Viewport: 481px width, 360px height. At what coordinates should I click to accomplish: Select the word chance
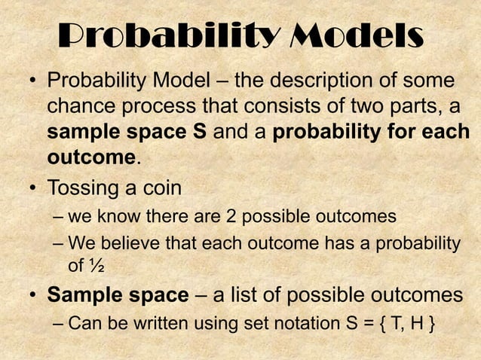[x=79, y=107]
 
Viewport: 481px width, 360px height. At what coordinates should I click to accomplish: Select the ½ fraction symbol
[x=97, y=266]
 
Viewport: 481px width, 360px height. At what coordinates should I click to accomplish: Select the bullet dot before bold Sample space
[x=34, y=296]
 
